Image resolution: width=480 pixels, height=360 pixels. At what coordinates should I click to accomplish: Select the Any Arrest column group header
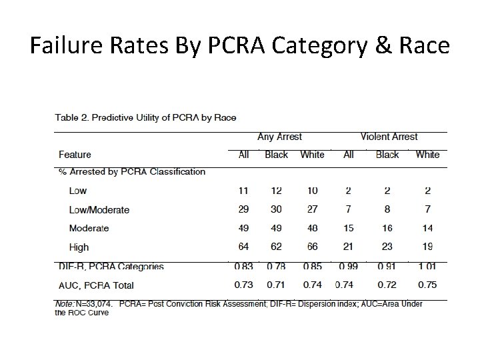(279, 137)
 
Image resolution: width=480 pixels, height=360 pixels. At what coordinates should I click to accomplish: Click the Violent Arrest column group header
(389, 137)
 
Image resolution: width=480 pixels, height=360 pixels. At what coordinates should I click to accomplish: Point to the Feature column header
(75, 155)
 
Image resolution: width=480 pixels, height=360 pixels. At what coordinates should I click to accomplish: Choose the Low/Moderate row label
(99, 209)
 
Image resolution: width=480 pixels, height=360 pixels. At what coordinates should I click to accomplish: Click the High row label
(79, 247)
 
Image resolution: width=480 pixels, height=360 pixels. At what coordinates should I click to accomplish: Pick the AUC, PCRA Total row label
(96, 285)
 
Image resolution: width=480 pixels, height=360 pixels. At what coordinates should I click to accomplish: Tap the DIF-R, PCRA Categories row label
(111, 267)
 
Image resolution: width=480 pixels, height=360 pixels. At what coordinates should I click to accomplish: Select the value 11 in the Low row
(244, 191)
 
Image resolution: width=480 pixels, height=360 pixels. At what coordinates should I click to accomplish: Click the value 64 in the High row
(244, 247)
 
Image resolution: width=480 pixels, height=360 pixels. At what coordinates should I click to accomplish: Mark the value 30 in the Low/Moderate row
(276, 209)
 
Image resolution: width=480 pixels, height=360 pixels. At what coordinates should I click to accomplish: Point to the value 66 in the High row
(312, 247)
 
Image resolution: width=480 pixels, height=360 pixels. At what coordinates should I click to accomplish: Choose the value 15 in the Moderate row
(349, 228)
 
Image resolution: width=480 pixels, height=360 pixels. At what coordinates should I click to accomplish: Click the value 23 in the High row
(387, 247)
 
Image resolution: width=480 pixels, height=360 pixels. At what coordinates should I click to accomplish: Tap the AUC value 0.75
(427, 285)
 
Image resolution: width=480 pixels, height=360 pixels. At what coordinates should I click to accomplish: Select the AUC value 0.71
(276, 285)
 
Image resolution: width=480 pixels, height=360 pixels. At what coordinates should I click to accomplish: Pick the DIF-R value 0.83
(244, 267)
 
